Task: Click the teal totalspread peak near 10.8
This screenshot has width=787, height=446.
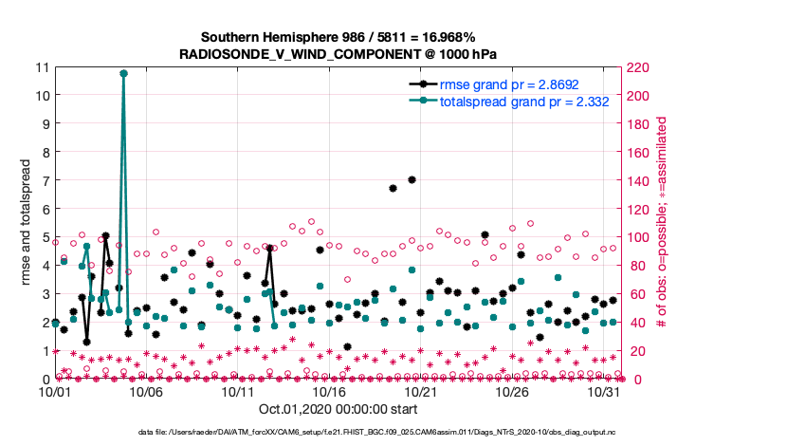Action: point(124,73)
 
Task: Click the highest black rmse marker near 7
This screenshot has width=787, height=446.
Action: point(412,179)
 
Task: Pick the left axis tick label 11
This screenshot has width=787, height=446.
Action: point(42,67)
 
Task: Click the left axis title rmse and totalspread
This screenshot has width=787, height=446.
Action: point(27,223)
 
